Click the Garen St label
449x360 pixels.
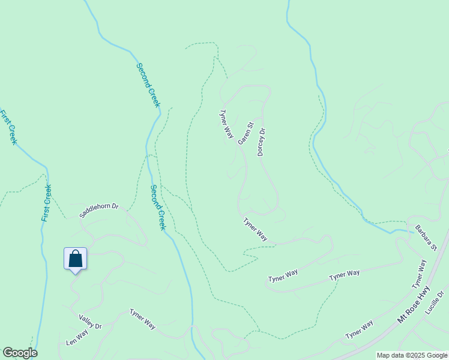(x=246, y=134)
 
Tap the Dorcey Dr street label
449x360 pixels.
(x=261, y=142)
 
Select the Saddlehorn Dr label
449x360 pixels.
(x=99, y=211)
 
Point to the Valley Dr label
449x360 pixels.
(x=90, y=322)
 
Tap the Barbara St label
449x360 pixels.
(x=427, y=238)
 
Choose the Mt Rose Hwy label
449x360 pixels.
(x=415, y=306)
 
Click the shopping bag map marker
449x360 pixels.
(x=76, y=259)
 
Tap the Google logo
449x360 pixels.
(x=20, y=353)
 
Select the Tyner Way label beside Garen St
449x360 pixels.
(x=226, y=124)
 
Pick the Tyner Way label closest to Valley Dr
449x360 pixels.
(x=143, y=319)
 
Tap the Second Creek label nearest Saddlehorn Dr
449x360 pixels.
(x=157, y=208)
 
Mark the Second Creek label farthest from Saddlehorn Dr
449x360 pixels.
(x=148, y=85)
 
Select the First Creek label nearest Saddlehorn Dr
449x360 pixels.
(x=46, y=203)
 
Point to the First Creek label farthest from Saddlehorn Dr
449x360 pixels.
(x=8, y=127)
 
